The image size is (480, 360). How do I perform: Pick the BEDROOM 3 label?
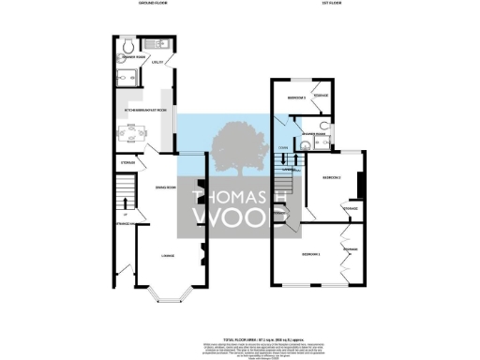(298, 97)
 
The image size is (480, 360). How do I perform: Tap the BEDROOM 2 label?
(331, 177)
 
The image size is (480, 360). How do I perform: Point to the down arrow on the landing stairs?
(284, 161)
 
